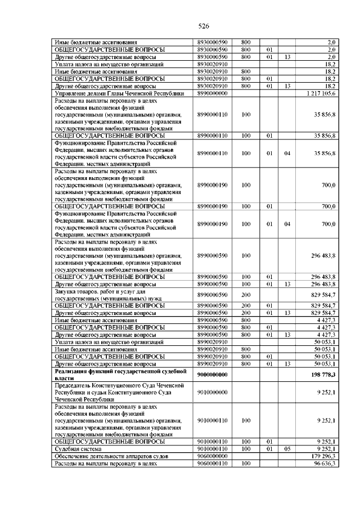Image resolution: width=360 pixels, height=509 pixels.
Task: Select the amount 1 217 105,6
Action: coord(320,93)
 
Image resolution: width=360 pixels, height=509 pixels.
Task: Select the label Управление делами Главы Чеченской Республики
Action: coord(119,93)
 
